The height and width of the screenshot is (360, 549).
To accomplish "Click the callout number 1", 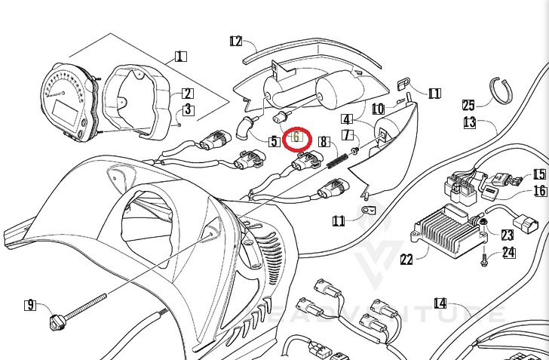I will pos(180,56).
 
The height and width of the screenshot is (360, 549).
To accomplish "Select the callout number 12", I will pos(235,41).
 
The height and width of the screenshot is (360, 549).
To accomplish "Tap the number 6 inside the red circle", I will pos(296,137).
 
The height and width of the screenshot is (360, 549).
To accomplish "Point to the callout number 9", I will pos(30,305).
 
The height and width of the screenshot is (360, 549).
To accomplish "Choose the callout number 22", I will pos(406,260).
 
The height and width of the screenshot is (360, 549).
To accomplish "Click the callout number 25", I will pos(468,105).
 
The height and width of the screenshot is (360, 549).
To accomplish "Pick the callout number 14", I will pos(440,303).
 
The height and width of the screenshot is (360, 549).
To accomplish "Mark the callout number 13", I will pos(469,122).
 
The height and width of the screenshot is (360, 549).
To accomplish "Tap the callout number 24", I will pos(509,253).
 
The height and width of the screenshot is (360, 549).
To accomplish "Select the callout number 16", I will pos(540,191).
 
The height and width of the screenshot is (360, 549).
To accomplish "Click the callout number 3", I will pos(187,110).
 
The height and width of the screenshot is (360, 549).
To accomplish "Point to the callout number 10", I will pos(378,109).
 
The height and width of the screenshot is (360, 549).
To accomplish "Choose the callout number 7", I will pos(347,135).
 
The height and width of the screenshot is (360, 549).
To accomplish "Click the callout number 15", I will pos(539,174).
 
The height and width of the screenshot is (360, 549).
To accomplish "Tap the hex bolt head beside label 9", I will pos(54,323).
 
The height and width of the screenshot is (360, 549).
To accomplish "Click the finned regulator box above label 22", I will pos(445,229).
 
